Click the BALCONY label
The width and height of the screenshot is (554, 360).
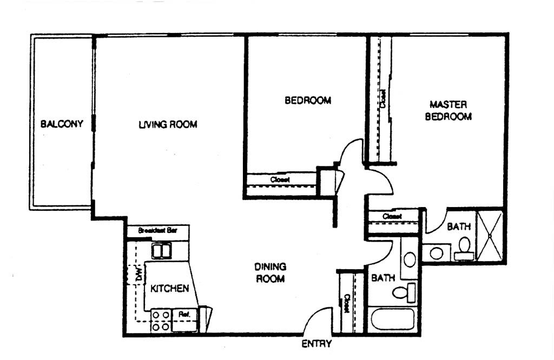pos(62,124)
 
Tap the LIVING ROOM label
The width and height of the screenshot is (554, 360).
pos(168,124)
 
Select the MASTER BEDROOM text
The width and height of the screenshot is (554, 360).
pos(448,110)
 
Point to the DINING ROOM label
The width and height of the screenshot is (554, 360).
pos(270,272)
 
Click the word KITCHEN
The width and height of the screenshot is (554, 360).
pos(169,288)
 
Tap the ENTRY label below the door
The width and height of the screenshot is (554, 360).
pos(316,344)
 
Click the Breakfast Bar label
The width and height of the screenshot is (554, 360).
pos(157,230)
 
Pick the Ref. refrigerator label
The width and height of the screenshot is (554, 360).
pos(183,314)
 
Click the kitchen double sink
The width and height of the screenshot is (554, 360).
pos(162,251)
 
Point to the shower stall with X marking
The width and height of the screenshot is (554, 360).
pos(490,235)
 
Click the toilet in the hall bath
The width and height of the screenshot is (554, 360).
pos(403,292)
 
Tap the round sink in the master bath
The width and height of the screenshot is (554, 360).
pos(436,252)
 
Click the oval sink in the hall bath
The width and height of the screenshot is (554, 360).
pos(410,259)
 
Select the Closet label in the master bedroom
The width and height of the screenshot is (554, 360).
pos(383,99)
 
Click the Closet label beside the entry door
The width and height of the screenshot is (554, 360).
pos(346,305)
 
